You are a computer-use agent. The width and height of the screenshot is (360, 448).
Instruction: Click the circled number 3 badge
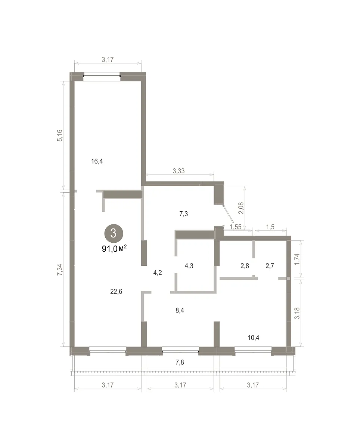click(114, 233)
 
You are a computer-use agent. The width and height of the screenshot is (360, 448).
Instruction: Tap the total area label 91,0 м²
click(114, 248)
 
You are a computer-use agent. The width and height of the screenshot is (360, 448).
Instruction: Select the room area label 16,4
click(97, 161)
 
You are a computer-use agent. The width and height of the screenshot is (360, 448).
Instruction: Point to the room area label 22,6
click(116, 292)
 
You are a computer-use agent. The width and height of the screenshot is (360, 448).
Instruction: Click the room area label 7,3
click(183, 214)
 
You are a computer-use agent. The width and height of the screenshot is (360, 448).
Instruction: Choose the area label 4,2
click(158, 273)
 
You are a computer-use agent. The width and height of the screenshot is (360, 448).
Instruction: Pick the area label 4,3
click(189, 266)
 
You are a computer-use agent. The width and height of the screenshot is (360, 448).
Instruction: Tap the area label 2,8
click(245, 266)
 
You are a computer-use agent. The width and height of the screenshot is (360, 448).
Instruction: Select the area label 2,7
click(270, 266)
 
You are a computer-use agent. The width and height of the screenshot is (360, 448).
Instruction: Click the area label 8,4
click(180, 310)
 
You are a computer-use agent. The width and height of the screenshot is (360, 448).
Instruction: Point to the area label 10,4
click(254, 337)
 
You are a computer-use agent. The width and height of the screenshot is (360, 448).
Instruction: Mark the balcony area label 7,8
click(180, 362)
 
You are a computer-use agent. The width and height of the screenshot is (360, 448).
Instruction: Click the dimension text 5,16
click(60, 135)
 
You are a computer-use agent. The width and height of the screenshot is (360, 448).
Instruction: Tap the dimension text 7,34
click(60, 270)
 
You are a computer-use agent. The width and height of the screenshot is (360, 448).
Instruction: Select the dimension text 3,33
click(179, 171)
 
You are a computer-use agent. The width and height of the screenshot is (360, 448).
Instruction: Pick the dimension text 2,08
click(241, 208)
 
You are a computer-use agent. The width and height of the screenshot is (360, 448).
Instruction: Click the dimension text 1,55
click(236, 227)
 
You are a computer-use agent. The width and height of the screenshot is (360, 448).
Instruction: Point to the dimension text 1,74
click(297, 259)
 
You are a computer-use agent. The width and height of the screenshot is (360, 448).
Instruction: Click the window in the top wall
click(102, 76)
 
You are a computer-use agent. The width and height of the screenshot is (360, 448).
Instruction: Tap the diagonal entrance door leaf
click(229, 214)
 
